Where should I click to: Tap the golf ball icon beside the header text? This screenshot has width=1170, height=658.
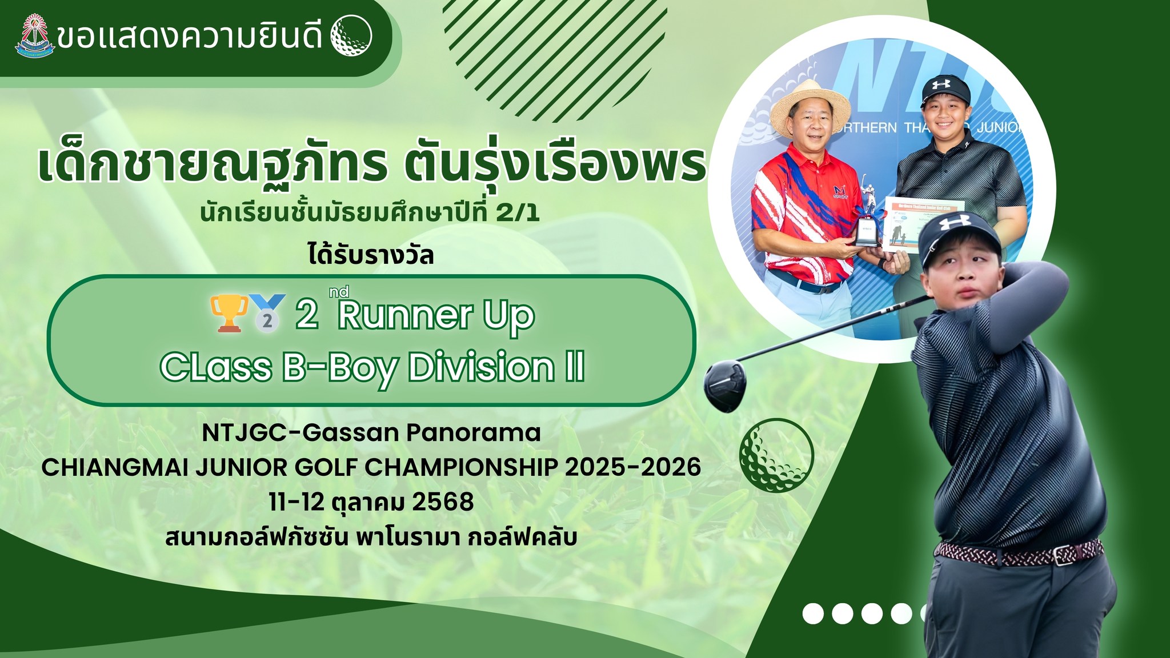pos(351,36)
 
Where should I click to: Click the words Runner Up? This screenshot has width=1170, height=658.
pos(436,315)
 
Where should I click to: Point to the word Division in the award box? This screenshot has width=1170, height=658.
pos(481,367)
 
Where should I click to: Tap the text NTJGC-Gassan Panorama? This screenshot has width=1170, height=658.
pos(371,432)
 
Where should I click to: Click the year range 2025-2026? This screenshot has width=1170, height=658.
pos(633,467)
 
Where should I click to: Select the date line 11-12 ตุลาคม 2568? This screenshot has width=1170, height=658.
pos(371,503)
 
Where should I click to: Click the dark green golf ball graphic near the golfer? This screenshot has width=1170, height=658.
pos(776,455)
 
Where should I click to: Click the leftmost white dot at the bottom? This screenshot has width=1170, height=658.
pos(813,613)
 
